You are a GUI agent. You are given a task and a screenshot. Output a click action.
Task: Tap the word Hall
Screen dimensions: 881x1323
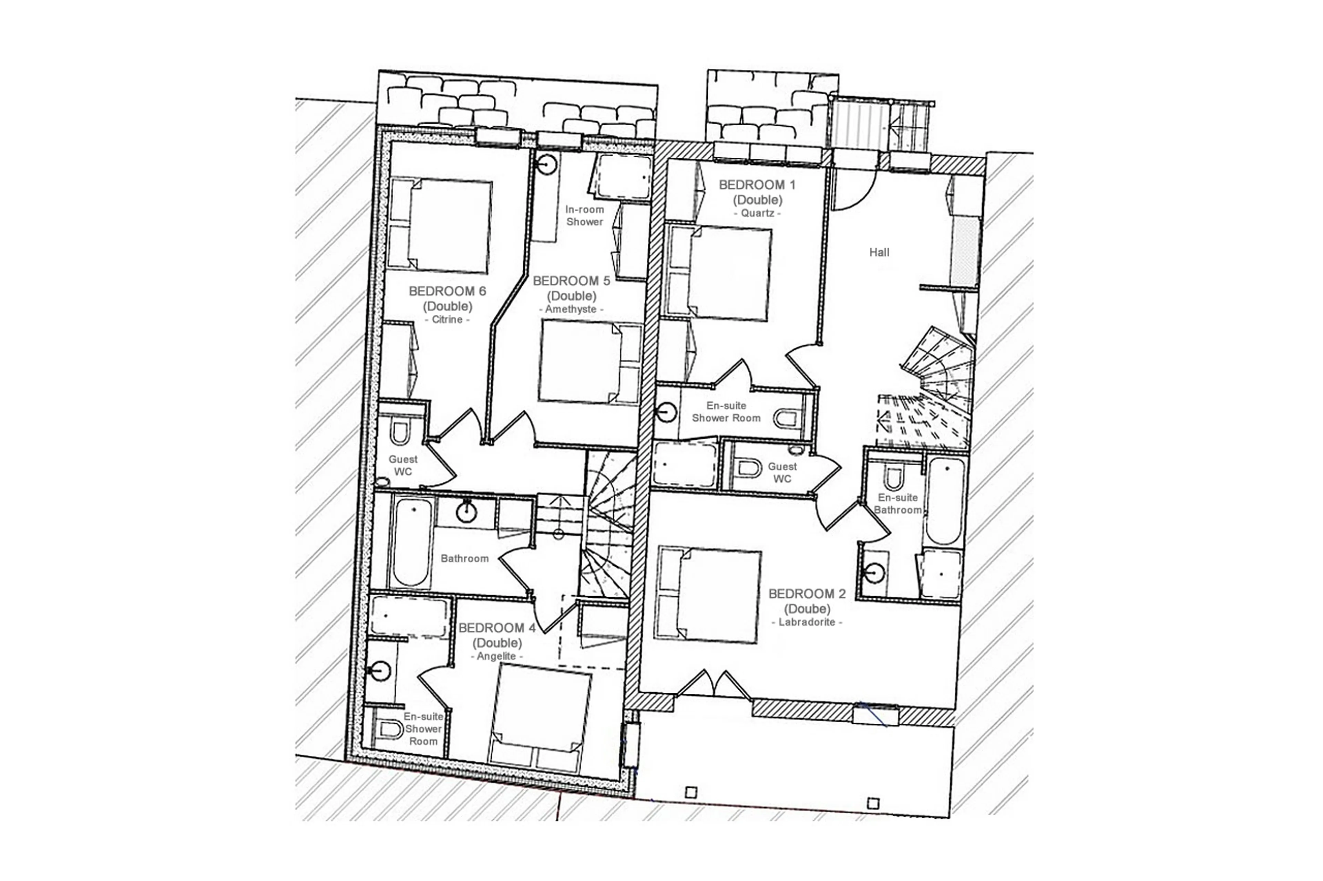(879, 252)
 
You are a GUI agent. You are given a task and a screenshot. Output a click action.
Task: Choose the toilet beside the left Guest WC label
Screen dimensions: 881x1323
(399, 433)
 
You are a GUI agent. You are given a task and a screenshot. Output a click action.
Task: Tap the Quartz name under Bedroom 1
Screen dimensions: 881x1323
(757, 213)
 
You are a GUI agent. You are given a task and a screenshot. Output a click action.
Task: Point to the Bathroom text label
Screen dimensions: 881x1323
(464, 558)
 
